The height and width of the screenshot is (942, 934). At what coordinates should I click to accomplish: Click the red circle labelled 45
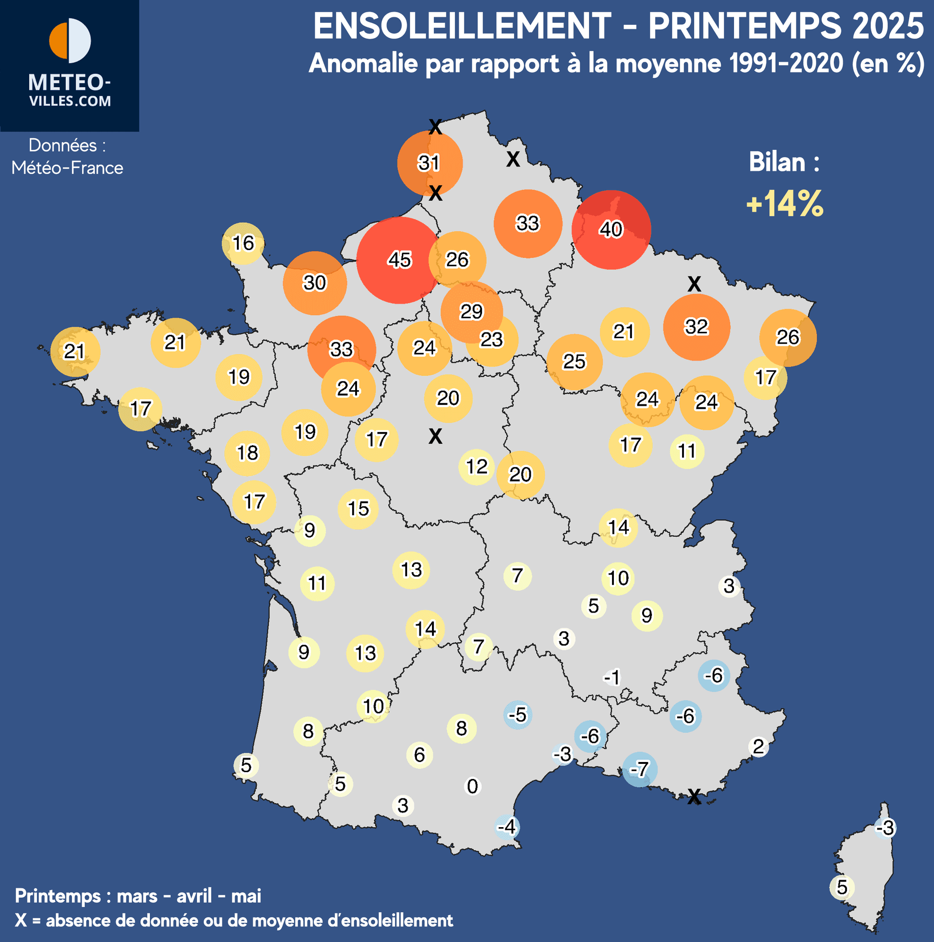[x=400, y=260]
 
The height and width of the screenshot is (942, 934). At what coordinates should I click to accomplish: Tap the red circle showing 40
[x=611, y=229]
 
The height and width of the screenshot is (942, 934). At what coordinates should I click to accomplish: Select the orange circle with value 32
[x=696, y=326]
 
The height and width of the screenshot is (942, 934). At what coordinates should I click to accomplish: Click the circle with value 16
[x=243, y=243]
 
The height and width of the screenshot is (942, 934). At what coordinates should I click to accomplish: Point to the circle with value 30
[x=315, y=283]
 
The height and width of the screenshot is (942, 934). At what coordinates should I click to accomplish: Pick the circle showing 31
[x=430, y=163]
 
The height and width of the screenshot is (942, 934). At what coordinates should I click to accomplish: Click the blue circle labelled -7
[x=640, y=769]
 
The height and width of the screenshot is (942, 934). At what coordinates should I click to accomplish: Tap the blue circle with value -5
[x=518, y=715]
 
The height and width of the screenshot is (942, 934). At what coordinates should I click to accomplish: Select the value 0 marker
[x=472, y=786]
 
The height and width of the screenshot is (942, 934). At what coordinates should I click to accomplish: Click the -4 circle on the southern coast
[x=507, y=827]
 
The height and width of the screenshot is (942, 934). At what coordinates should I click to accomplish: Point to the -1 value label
[x=612, y=677]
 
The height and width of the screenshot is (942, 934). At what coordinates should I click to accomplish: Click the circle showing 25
[x=574, y=362]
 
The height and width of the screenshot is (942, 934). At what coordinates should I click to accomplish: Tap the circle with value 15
[x=359, y=509]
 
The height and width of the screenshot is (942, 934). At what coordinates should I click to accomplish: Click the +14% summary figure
[x=785, y=203]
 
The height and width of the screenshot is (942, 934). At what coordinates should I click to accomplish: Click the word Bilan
[x=777, y=162]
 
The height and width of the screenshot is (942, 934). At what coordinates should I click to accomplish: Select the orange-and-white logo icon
[x=70, y=41]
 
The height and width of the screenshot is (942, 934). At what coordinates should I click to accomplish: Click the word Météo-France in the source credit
[x=67, y=168]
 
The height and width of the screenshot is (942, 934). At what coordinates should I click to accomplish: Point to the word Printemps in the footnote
[x=57, y=896]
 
